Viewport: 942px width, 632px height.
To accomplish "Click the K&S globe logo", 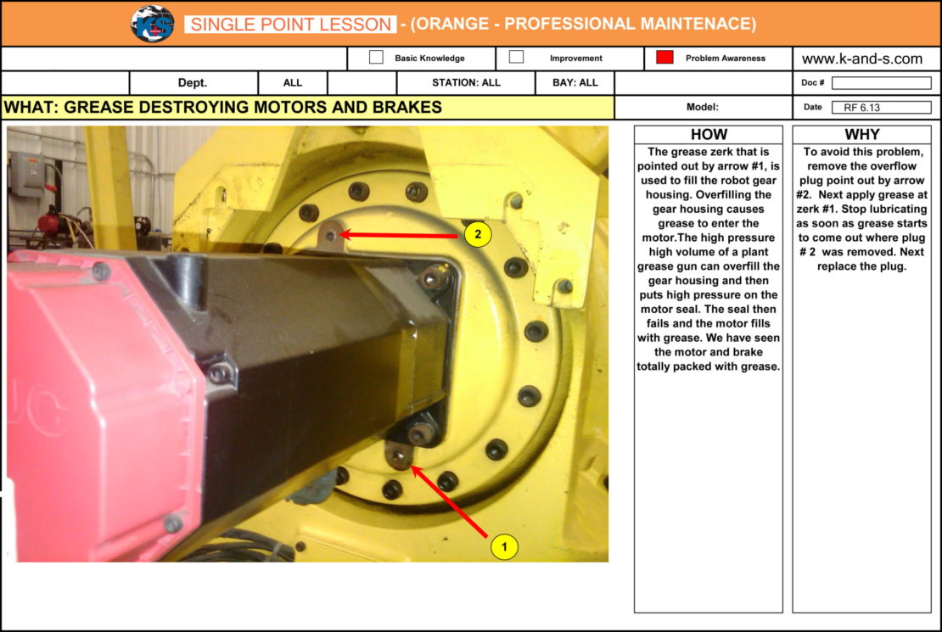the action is (x=153, y=24).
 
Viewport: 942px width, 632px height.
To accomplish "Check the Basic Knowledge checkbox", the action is (x=376, y=57).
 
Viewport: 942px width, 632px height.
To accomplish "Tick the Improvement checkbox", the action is (x=516, y=57).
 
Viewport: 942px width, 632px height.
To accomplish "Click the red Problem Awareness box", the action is (x=664, y=57).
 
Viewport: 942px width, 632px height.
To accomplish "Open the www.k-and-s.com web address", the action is (x=862, y=59).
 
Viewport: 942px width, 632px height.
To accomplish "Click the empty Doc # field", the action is (x=882, y=83).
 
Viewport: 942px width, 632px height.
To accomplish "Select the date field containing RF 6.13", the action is (x=882, y=108).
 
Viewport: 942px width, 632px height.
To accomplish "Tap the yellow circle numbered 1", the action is (x=504, y=546).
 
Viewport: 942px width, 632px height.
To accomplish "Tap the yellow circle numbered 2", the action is (x=478, y=233).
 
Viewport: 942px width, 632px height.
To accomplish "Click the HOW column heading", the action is (x=709, y=134).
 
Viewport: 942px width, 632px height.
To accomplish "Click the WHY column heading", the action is (x=862, y=134).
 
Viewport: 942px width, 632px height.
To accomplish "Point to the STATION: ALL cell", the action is (x=466, y=83).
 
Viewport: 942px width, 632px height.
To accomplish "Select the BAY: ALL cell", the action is (x=575, y=83).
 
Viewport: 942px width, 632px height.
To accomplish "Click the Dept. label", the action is (x=193, y=83).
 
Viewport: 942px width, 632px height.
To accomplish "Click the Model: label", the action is (x=703, y=107).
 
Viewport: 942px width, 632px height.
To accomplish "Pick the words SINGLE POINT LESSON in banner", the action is (x=291, y=24).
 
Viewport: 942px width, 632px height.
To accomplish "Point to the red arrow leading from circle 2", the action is (x=400, y=235).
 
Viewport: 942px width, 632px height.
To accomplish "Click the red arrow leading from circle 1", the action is (x=450, y=501).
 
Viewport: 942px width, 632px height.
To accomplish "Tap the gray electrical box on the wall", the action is (x=27, y=174).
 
